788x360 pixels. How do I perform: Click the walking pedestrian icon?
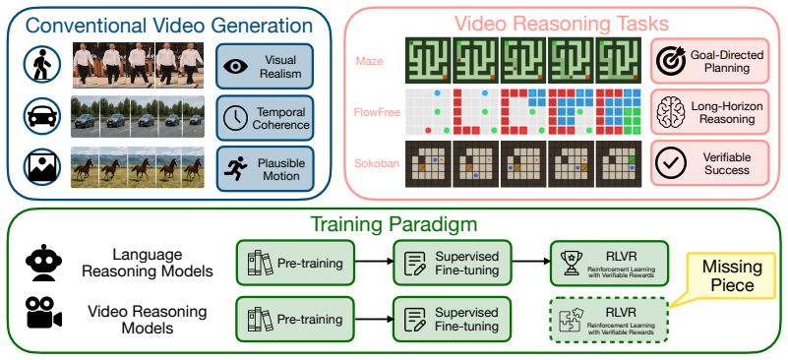point(42,64)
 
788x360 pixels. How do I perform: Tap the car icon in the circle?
point(42,116)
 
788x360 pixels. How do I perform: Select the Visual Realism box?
point(265,66)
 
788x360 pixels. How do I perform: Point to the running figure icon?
point(235,168)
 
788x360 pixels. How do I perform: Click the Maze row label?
point(369,61)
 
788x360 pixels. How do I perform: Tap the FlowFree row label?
point(378,111)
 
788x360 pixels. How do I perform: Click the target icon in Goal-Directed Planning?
point(671,60)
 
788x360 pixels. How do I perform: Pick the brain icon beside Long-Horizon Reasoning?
point(671,112)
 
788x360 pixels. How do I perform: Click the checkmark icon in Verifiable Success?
point(671,163)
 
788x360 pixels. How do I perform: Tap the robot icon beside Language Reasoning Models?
point(43,263)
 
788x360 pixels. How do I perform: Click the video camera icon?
point(43,312)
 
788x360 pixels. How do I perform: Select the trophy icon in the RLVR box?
point(572,263)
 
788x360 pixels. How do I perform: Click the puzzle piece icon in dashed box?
point(572,320)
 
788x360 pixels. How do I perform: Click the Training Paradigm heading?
point(394,224)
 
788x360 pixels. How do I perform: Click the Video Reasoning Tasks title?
point(562,24)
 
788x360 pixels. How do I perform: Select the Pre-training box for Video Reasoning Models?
point(295,320)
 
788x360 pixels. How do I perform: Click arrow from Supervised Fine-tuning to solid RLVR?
point(530,262)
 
